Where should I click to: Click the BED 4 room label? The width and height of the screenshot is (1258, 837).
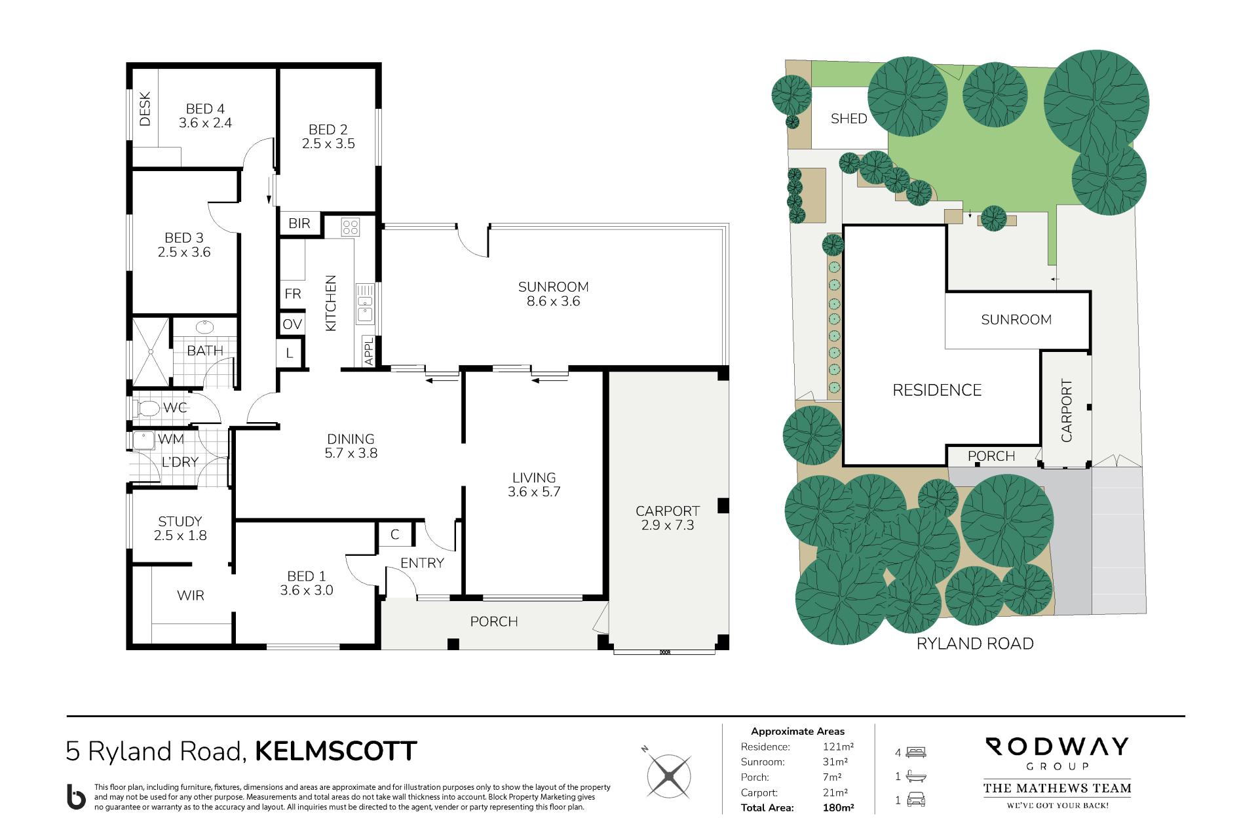coord(205,109)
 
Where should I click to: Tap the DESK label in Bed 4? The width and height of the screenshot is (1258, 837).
coord(145,109)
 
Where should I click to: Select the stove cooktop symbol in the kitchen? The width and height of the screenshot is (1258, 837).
coord(351,227)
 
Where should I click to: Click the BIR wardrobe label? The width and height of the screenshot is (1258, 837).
coord(299,224)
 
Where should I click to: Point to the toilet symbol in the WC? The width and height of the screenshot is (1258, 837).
coord(146,408)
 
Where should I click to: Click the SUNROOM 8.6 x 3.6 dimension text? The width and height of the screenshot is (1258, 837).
coord(554,302)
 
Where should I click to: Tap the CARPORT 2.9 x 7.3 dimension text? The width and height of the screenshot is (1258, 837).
coord(667,525)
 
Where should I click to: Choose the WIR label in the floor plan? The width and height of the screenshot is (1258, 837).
coord(191,595)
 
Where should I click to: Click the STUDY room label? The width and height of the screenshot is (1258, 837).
coord(180,522)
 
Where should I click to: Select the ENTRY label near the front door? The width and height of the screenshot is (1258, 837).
coord(422,563)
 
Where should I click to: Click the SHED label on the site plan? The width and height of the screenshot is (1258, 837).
coord(848,119)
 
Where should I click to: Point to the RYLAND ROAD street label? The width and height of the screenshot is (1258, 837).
coord(975,644)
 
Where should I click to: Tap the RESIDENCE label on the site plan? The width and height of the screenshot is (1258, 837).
coord(937,391)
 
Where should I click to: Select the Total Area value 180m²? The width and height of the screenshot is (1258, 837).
coord(838,808)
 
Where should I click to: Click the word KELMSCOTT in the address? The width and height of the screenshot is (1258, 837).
coord(335,751)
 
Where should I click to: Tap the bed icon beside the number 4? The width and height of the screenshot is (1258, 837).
coord(916,752)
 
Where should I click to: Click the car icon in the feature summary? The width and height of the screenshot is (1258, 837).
coord(916,800)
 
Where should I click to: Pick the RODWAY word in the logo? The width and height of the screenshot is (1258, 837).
coord(1057,747)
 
